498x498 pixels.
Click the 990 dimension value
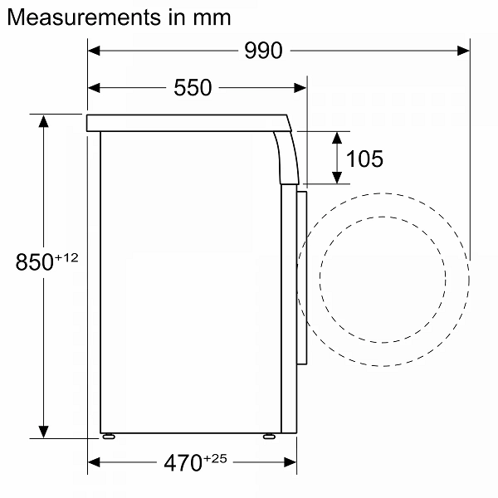click(x=263, y=51)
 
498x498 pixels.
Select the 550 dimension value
click(x=193, y=87)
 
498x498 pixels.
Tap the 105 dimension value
click(x=365, y=158)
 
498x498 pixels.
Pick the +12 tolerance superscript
click(x=66, y=258)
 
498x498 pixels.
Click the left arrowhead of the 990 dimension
click(x=94, y=51)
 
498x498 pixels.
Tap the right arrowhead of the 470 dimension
click(x=291, y=462)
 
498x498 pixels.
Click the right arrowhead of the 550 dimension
click(x=301, y=87)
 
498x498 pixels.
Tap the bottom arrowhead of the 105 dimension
click(x=337, y=178)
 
